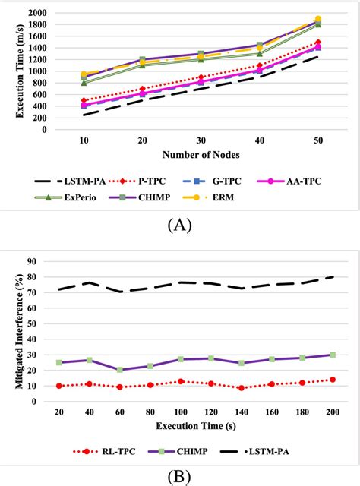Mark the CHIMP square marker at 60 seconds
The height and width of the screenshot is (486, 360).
(x=120, y=370)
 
